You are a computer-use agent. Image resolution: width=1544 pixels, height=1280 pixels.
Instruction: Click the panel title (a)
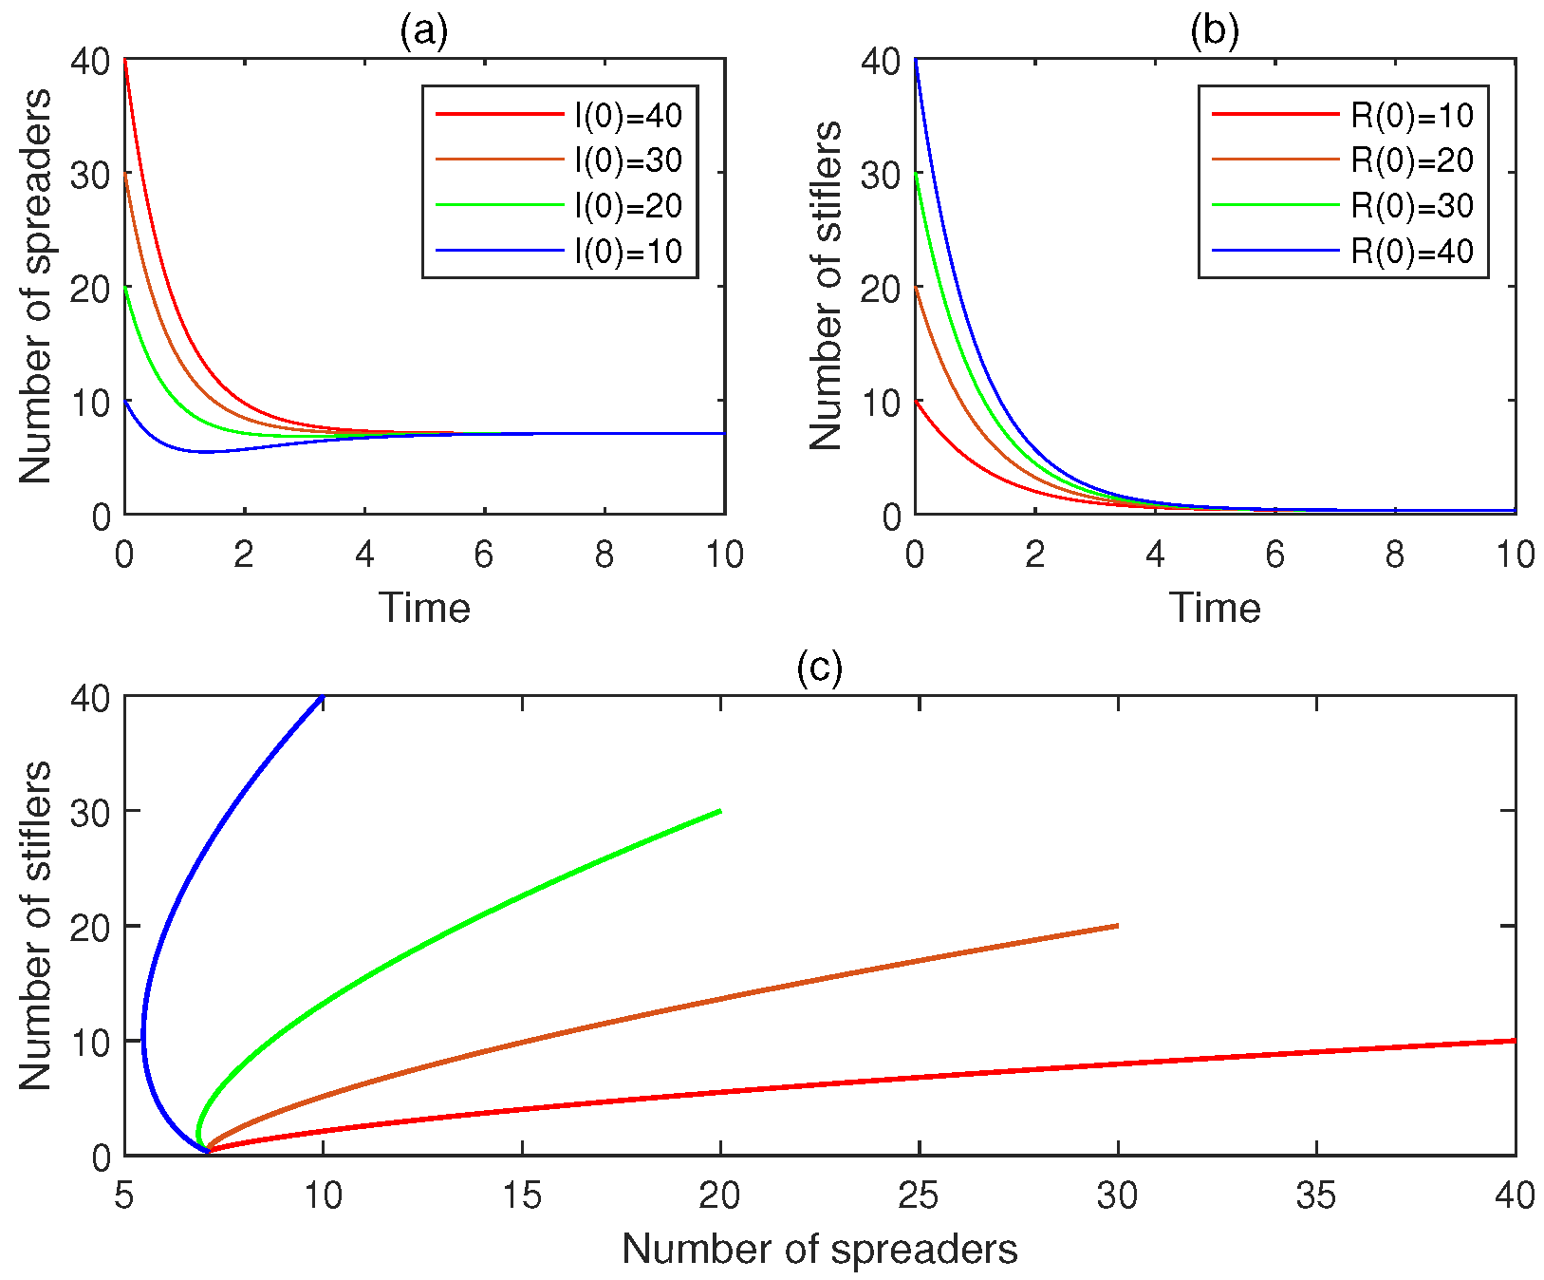click(423, 32)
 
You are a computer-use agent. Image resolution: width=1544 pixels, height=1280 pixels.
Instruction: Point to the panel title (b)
click(1214, 32)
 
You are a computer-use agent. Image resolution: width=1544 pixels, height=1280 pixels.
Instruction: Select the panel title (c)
click(819, 668)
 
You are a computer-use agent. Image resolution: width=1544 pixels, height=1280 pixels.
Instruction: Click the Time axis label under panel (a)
click(424, 608)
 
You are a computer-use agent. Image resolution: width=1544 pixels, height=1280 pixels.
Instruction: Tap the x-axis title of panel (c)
click(819, 1250)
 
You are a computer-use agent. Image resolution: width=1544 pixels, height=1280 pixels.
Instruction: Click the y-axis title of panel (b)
click(827, 286)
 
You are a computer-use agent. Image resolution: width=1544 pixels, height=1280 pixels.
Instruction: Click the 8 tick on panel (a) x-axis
click(605, 555)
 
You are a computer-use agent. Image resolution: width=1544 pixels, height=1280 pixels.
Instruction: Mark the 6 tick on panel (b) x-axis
click(1274, 555)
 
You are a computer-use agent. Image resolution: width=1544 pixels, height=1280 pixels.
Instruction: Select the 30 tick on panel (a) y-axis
click(91, 174)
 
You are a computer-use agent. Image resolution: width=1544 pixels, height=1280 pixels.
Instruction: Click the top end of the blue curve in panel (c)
click(323, 697)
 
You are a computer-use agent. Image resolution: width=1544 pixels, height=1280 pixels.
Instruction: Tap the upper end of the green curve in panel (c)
click(720, 811)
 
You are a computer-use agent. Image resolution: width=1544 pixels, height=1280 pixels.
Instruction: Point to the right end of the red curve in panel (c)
click(1514, 1041)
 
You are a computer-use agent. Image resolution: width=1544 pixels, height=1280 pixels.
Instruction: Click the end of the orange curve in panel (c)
click(1117, 926)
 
